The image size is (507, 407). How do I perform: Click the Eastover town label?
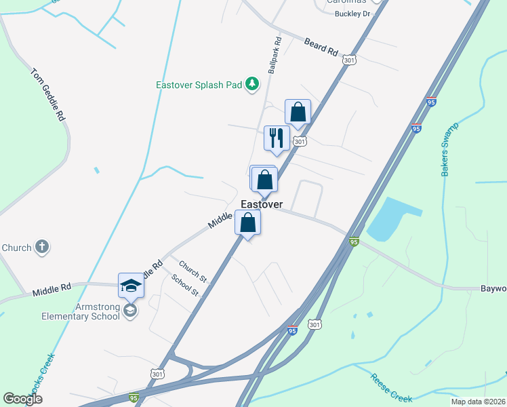(262, 203)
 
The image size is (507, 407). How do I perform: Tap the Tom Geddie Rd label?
(47, 94)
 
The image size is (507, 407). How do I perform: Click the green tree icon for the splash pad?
(252, 83)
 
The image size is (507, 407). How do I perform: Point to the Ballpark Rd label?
(274, 56)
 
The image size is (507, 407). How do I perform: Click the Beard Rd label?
(321, 46)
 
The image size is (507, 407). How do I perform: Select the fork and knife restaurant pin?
(277, 138)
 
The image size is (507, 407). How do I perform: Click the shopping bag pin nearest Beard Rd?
(298, 111)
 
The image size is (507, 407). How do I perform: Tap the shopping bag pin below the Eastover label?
(249, 222)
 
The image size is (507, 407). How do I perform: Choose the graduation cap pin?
(131, 286)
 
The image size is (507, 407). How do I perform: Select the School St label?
(184, 285)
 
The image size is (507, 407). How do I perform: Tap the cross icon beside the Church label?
(42, 247)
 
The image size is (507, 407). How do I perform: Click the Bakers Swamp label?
(450, 149)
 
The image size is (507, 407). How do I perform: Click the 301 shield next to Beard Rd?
(349, 60)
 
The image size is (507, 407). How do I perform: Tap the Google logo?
(23, 399)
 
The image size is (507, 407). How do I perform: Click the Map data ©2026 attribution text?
(478, 402)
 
